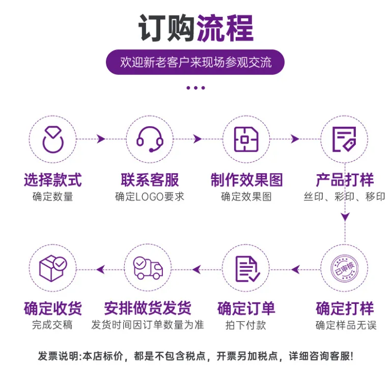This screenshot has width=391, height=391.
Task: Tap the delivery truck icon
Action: [x=148, y=268]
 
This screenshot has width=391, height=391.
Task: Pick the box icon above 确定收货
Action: [x=53, y=268]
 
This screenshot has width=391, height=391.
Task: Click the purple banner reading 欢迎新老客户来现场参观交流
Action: [x=195, y=62]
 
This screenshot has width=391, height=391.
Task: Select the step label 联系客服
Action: [x=150, y=180]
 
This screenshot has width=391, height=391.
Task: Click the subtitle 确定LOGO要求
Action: [x=150, y=197]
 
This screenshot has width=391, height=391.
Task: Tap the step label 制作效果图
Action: [x=246, y=180]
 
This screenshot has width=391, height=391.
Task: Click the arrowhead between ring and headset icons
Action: [x=101, y=139]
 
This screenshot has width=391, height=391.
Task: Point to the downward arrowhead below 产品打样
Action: [x=345, y=217]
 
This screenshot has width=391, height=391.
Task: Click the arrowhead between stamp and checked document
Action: [x=295, y=269]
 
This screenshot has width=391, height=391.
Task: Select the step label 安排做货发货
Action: [x=148, y=308]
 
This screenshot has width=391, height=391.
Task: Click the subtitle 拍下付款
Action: [x=246, y=325]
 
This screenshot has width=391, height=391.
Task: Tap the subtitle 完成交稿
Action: [x=52, y=325]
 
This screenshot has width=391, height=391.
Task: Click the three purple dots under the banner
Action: [x=195, y=88]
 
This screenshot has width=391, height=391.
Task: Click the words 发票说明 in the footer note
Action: [x=59, y=356]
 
